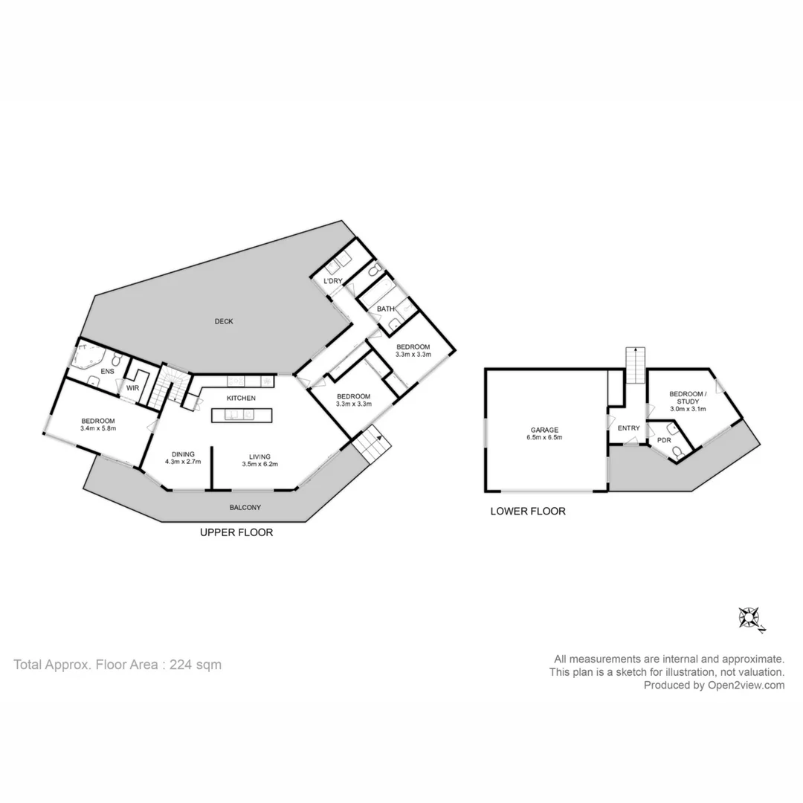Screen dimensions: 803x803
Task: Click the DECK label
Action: pyautogui.click(x=224, y=321)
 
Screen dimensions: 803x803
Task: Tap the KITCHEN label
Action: pyautogui.click(x=241, y=399)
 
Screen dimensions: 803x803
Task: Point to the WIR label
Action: pyautogui.click(x=133, y=388)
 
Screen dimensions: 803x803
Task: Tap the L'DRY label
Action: pyautogui.click(x=332, y=281)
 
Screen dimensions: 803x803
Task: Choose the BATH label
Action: pyautogui.click(x=385, y=309)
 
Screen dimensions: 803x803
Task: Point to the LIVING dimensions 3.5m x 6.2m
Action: pyautogui.click(x=259, y=465)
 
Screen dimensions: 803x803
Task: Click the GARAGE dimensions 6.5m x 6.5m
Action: pyautogui.click(x=546, y=438)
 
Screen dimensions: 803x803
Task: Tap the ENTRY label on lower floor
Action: pyautogui.click(x=628, y=428)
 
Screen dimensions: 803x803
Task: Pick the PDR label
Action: pyautogui.click(x=663, y=441)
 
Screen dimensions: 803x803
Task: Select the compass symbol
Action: pyautogui.click(x=749, y=618)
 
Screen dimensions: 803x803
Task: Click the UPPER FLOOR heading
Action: pyautogui.click(x=236, y=532)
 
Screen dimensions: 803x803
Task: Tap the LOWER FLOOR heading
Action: pyautogui.click(x=528, y=512)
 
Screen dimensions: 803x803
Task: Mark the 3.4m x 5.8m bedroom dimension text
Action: pyautogui.click(x=98, y=428)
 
